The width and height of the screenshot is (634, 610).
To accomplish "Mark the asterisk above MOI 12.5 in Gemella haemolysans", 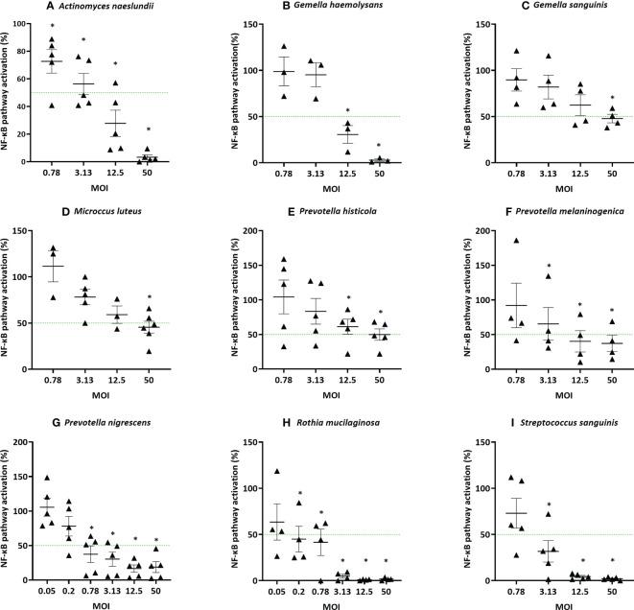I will click(373, 110).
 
